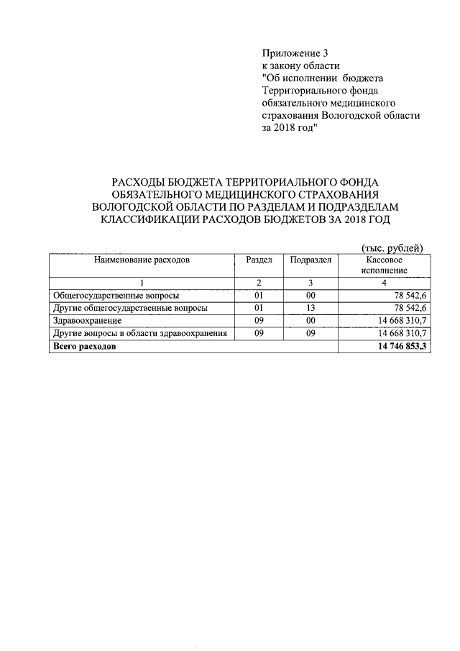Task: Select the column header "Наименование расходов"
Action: [x=141, y=260]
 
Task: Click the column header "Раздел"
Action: [x=258, y=260]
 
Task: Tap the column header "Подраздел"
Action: [x=310, y=260]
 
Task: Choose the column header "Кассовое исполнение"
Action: [x=384, y=265]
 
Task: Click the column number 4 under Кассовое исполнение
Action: [x=384, y=282]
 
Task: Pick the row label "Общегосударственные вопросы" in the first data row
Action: [x=116, y=295]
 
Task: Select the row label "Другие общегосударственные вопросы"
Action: [x=131, y=308]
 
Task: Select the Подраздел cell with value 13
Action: [x=310, y=308]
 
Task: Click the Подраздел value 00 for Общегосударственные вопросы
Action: [x=310, y=295]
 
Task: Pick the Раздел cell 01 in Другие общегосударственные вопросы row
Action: [x=258, y=308]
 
